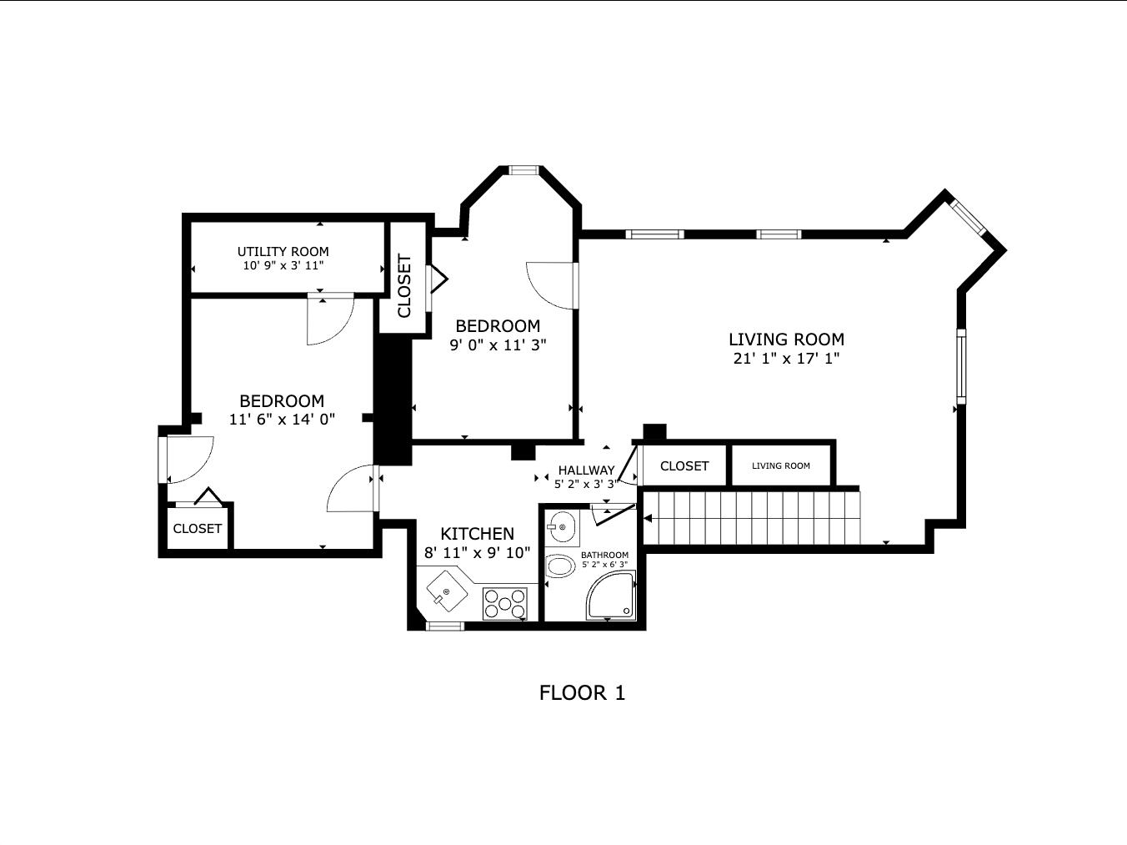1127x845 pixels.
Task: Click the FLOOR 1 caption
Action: pyautogui.click(x=582, y=693)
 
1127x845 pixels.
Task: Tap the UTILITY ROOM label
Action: pyautogui.click(x=283, y=252)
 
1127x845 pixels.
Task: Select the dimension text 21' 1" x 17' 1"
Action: pyautogui.click(x=786, y=359)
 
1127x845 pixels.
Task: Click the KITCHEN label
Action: pyautogui.click(x=477, y=534)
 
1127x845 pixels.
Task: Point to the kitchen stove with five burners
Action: pyautogui.click(x=505, y=603)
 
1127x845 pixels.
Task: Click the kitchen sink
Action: pyautogui.click(x=447, y=591)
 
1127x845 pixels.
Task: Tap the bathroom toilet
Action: pyautogui.click(x=559, y=566)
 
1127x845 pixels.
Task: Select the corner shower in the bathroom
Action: pyautogui.click(x=611, y=596)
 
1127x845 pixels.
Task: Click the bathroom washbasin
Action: pyautogui.click(x=562, y=527)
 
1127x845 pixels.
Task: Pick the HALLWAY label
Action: pyautogui.click(x=586, y=470)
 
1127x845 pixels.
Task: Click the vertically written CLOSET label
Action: pyautogui.click(x=404, y=285)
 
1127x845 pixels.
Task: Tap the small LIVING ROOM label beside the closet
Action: pyautogui.click(x=781, y=466)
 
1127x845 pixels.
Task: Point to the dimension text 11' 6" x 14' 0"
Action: pyautogui.click(x=282, y=420)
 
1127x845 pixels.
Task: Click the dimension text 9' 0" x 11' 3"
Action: pyautogui.click(x=498, y=345)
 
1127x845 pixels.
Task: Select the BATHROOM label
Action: pyautogui.click(x=604, y=555)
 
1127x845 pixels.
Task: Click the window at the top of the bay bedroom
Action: pyautogui.click(x=524, y=170)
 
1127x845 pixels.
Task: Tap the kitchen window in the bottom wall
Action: pyautogui.click(x=445, y=626)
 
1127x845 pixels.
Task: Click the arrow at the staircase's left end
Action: pyautogui.click(x=648, y=518)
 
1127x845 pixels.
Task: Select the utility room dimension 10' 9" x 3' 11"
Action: pyautogui.click(x=283, y=265)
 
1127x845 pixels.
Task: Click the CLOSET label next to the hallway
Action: pyautogui.click(x=684, y=466)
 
